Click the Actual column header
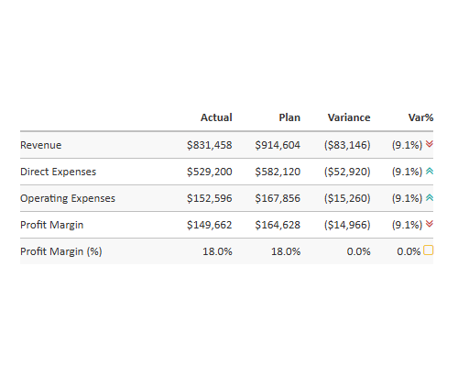tap(216, 117)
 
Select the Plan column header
tap(289, 117)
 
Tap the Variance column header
tap(349, 117)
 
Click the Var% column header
tap(420, 117)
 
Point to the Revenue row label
tap(40, 145)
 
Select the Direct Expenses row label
tap(58, 172)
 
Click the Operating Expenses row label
tap(68, 198)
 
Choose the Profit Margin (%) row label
tap(61, 251)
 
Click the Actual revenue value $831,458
tap(210, 145)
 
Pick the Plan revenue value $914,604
tap(278, 145)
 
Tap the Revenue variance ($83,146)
tap(347, 145)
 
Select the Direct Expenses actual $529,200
tap(210, 172)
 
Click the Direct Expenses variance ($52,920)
tap(347, 172)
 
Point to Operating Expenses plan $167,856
tap(278, 198)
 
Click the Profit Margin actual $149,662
tap(210, 225)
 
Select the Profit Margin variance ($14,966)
tap(347, 225)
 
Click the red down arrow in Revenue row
tap(429, 144)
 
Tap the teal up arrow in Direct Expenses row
tap(429, 171)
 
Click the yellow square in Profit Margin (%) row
tap(429, 250)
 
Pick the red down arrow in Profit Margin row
tap(429, 224)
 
